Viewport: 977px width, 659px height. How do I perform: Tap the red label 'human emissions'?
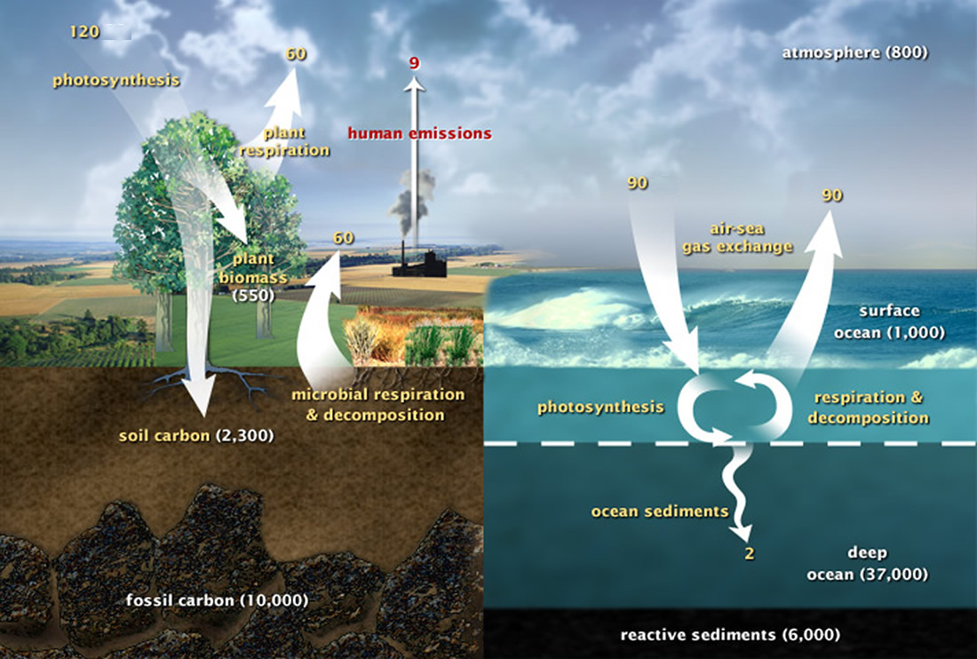[419, 133]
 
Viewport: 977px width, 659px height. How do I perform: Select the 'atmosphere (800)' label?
[854, 53]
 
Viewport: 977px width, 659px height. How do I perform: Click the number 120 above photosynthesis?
[84, 31]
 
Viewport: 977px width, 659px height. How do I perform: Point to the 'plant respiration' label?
[284, 141]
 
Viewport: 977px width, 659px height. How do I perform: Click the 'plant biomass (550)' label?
[253, 276]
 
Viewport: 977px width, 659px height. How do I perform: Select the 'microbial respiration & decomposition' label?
[378, 405]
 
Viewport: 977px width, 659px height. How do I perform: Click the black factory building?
[419, 264]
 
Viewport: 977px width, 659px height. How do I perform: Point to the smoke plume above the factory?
[412, 202]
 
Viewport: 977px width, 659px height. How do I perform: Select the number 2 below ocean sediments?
[750, 553]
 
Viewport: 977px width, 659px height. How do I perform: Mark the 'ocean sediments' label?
[660, 512]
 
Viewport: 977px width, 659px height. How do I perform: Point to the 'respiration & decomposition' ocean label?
[869, 408]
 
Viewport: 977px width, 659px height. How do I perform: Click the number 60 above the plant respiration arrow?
[296, 54]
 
